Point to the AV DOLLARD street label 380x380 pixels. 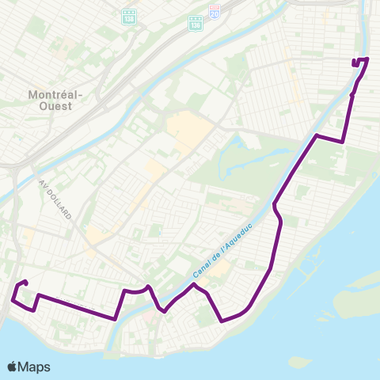coord(55,199)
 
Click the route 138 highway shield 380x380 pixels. coord(129,15)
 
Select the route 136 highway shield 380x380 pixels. coord(196,25)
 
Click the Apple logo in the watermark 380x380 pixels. coord(13,367)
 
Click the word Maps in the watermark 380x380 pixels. coord(34,367)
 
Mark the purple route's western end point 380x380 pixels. coord(26,283)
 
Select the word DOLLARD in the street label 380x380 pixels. coord(58,203)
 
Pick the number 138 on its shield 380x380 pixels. coord(129,17)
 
